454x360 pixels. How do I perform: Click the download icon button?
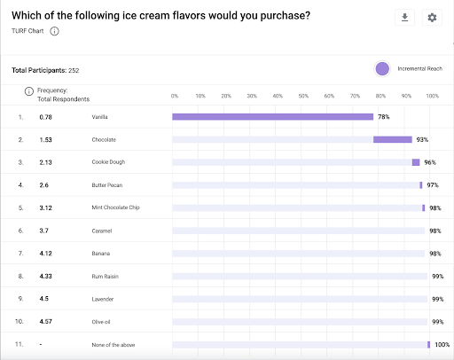404,18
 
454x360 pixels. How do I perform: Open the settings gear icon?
432,18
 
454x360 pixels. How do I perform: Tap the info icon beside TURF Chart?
55,31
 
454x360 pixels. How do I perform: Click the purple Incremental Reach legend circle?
382,69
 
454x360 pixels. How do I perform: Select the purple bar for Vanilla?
272,116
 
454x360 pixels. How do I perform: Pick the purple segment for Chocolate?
392,139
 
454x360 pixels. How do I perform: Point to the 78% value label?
384,116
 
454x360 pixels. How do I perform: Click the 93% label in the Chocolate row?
423,139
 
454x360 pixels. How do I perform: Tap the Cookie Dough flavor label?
111,162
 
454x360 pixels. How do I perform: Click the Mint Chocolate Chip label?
116,207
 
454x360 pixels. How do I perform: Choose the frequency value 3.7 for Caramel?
45,231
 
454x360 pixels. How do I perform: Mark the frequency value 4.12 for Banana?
47,254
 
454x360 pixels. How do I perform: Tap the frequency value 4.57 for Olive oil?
47,321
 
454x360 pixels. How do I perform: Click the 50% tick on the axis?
303,96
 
